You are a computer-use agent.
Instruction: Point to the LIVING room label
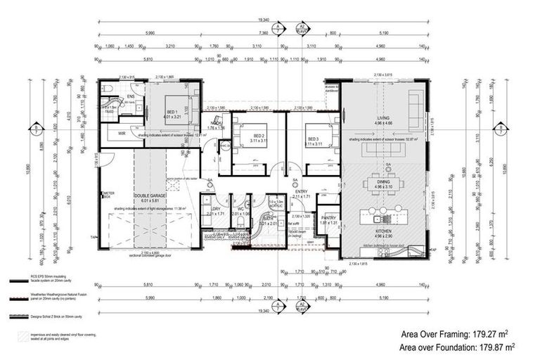383,119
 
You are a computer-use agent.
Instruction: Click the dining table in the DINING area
384,184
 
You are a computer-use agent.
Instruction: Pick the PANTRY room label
328,219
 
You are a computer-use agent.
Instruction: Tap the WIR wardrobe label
121,132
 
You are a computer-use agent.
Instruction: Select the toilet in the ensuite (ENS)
105,89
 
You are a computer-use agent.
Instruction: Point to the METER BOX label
108,194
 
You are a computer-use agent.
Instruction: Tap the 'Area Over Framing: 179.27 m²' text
455,334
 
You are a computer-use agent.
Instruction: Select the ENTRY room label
301,191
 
